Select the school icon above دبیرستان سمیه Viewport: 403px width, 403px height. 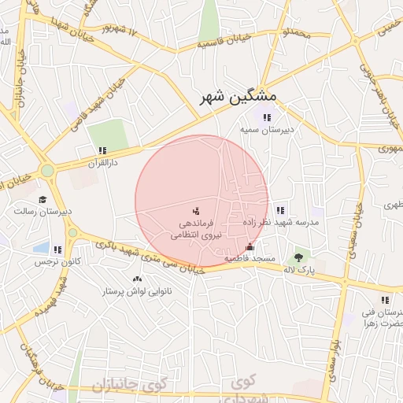click(267, 117)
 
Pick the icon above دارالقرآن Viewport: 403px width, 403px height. click(102, 150)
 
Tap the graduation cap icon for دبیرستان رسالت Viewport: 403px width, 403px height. click(43, 199)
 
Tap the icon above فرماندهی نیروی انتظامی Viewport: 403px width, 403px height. click(196, 211)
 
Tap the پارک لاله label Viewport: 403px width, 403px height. click(300, 269)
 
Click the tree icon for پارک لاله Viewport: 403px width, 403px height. click(298, 257)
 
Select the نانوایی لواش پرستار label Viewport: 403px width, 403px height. click(137, 291)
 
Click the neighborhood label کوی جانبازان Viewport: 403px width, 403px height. click(131, 386)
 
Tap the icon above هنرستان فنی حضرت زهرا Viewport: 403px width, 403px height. click(384, 300)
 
